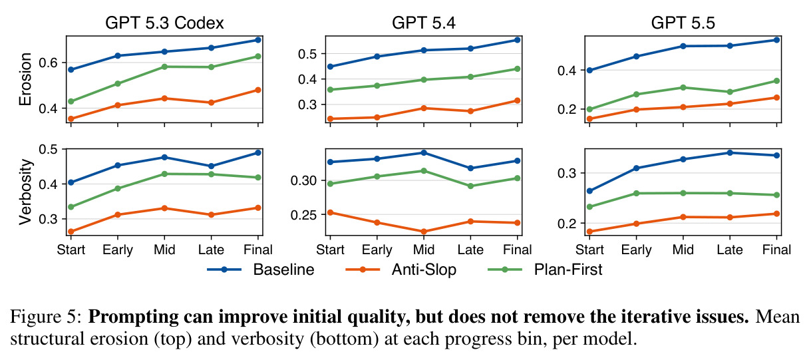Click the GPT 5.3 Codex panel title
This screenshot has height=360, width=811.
(164, 23)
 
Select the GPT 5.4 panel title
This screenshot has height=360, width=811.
(424, 23)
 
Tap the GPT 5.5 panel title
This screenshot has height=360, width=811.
(683, 23)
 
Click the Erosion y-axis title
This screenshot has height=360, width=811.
(25, 79)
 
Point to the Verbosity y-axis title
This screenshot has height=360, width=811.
(25, 192)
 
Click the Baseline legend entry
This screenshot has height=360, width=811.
(261, 270)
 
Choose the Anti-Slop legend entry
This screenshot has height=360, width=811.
(401, 270)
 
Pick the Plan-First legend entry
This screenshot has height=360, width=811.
(546, 270)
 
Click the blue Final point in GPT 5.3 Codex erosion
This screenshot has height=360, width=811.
(258, 40)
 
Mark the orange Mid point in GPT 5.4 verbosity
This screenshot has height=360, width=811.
(424, 232)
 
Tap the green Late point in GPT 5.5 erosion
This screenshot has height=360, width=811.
(730, 92)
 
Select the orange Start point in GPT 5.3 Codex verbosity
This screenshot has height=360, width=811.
(71, 232)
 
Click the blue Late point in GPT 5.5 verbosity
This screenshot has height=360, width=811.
(730, 153)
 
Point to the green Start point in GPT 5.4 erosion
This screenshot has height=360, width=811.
(330, 89)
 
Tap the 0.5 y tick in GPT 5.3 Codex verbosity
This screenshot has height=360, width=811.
(49, 149)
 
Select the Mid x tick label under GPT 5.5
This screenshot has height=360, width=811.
(683, 250)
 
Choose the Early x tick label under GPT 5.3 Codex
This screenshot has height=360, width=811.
(118, 250)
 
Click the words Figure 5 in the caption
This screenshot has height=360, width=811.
(46, 317)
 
